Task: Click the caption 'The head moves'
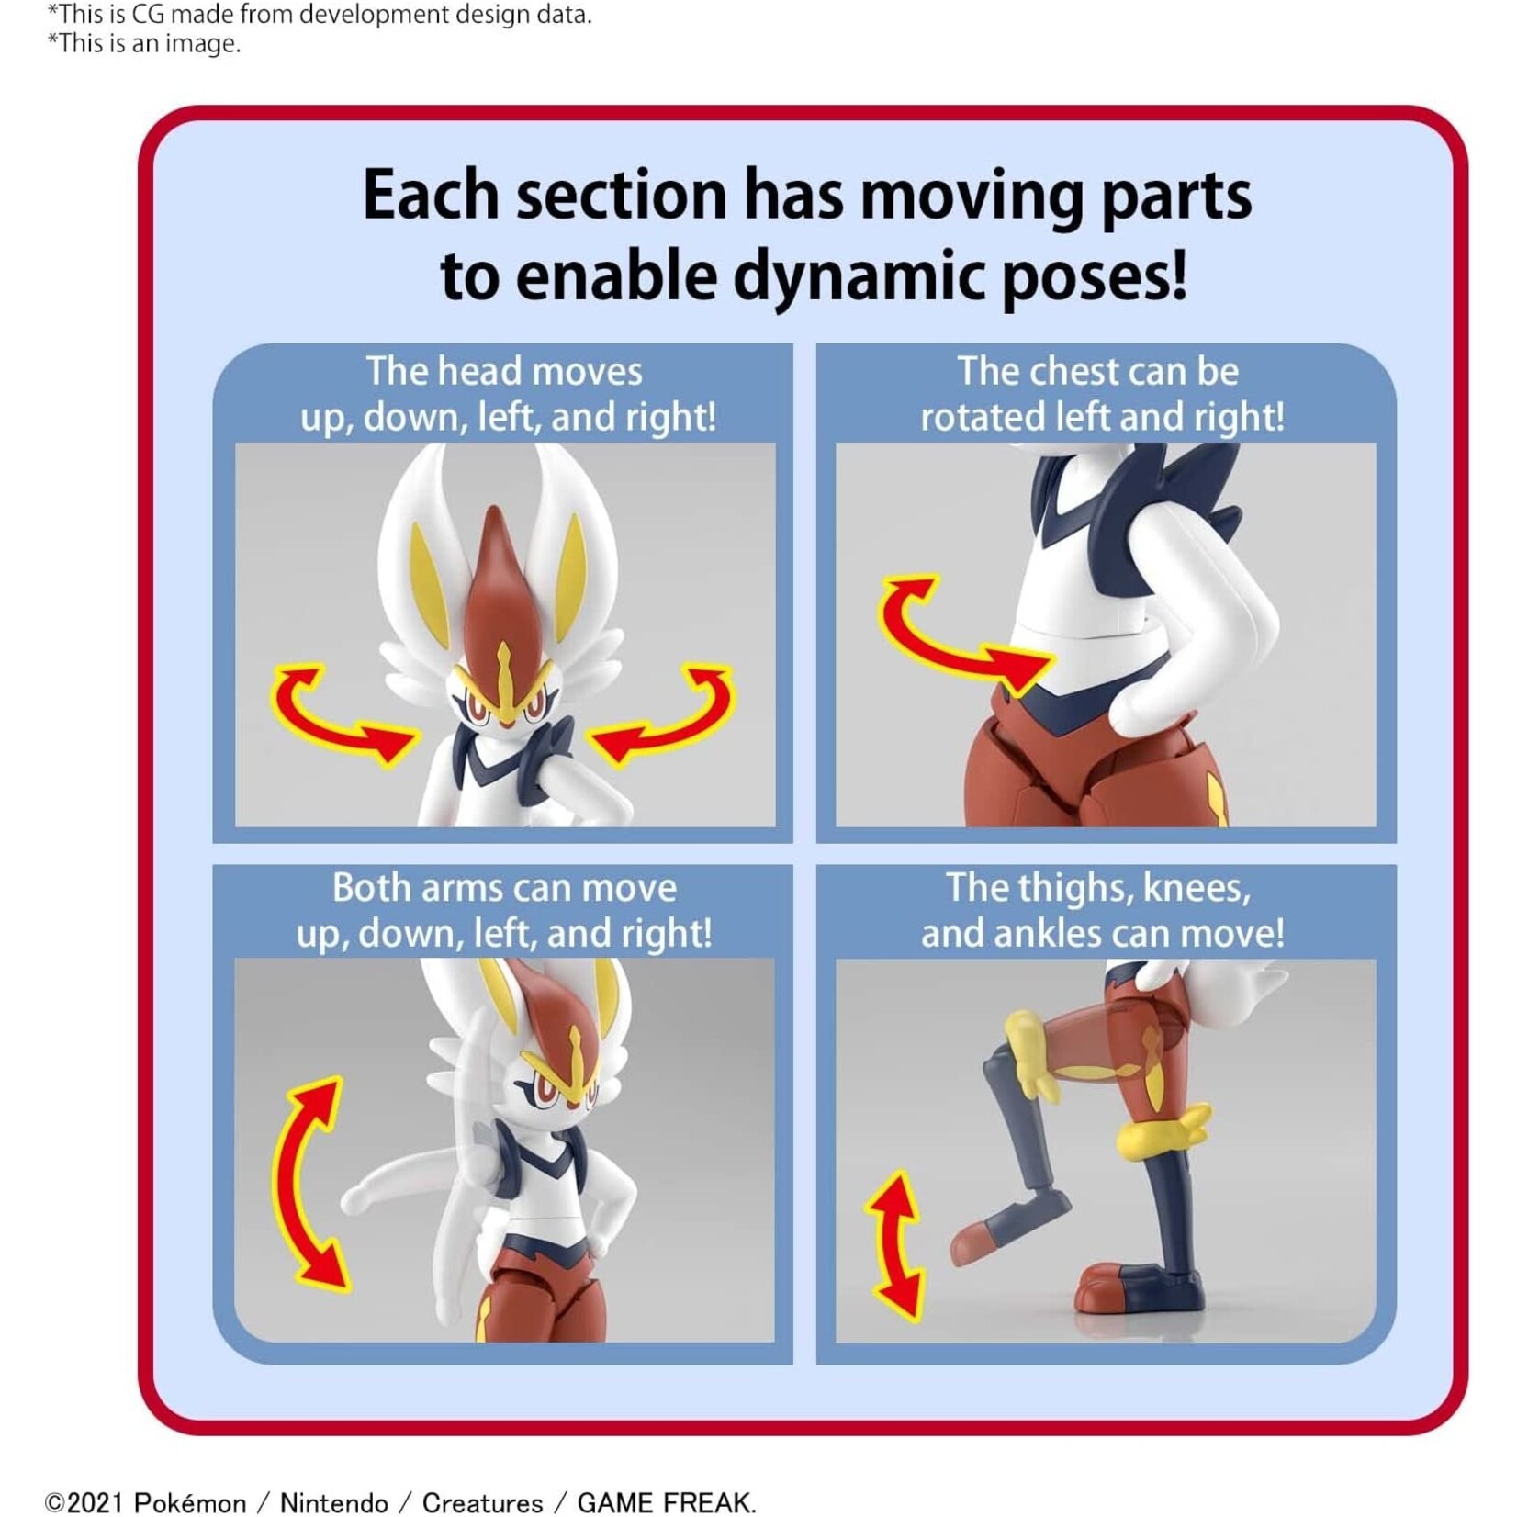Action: tap(504, 372)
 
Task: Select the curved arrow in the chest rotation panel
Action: tap(955, 634)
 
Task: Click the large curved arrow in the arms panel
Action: tap(308, 1185)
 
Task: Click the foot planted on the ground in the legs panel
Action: tap(1143, 1286)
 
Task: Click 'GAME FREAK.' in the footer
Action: tap(666, 1502)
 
